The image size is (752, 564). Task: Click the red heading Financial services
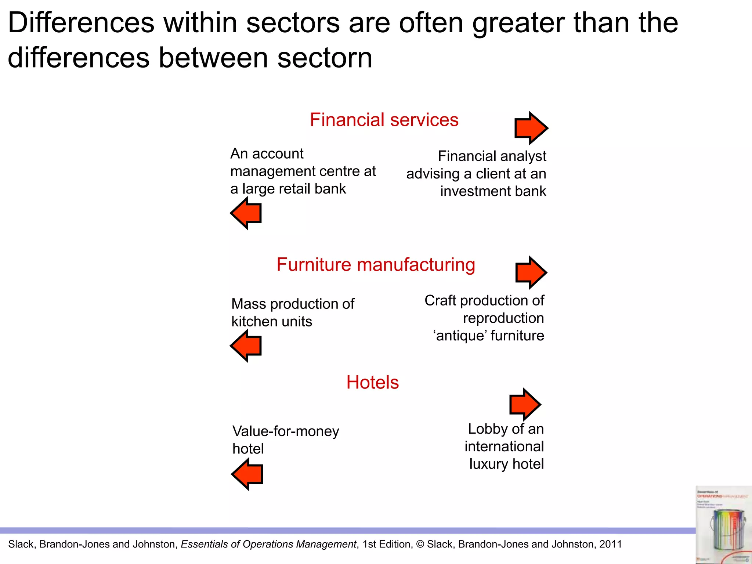point(384,120)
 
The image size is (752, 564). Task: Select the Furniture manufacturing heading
point(376,265)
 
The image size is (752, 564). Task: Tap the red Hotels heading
point(372,382)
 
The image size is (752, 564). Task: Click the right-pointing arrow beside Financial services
point(531,128)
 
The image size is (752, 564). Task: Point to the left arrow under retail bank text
point(246,213)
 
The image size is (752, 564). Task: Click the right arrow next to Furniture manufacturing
point(531,272)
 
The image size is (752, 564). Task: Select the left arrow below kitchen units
point(246,346)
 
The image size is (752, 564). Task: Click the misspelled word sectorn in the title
point(325,58)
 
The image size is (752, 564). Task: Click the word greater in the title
point(518,23)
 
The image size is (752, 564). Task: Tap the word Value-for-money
point(286,431)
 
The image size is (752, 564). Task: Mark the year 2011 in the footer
point(611,544)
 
